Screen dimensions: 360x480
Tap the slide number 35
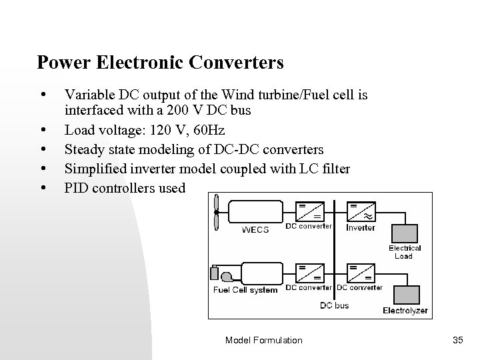click(x=457, y=340)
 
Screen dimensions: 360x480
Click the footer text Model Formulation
click(x=263, y=340)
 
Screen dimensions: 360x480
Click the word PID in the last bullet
click(x=76, y=188)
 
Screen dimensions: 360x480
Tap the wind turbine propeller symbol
click(x=216, y=211)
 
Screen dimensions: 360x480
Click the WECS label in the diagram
click(x=255, y=231)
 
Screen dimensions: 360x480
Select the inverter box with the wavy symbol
click(x=361, y=211)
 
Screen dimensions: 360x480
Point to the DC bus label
click(x=333, y=305)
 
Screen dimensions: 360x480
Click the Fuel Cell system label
click(x=245, y=290)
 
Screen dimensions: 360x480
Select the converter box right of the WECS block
click(x=309, y=211)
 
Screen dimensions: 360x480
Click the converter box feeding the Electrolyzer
click(x=361, y=272)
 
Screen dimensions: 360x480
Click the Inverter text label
click(x=361, y=227)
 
